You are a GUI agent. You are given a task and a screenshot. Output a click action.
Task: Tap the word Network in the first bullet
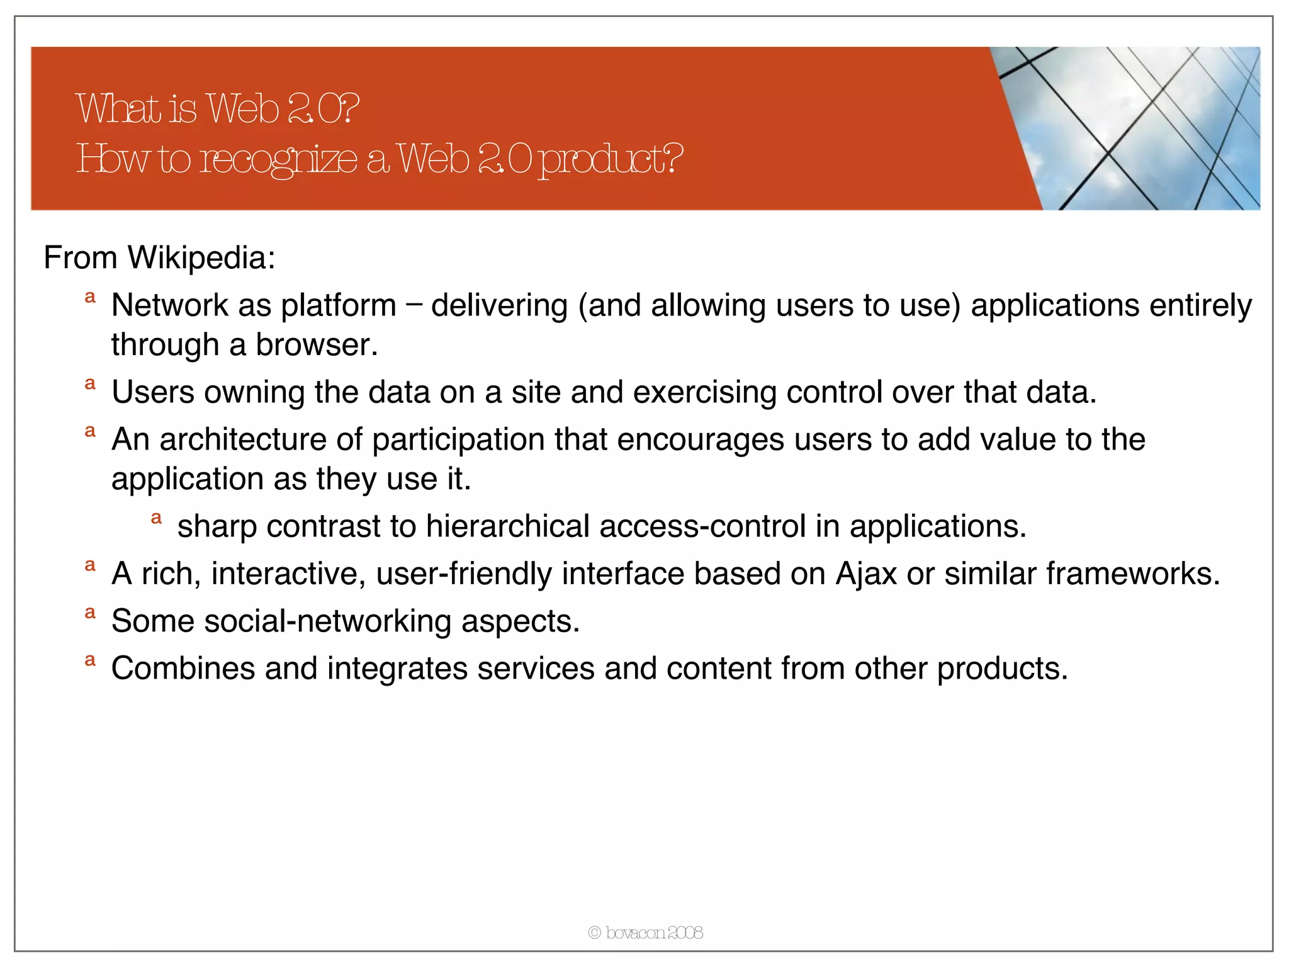point(169,305)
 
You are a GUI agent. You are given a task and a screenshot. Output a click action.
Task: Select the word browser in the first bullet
point(316,345)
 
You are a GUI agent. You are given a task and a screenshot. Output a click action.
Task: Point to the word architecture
point(243,439)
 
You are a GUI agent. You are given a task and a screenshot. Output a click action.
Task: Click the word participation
point(458,439)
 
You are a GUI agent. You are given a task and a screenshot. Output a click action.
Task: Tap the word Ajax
point(865,574)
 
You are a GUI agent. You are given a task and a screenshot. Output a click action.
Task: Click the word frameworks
point(1132,574)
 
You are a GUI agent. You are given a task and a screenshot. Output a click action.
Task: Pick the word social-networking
point(327,621)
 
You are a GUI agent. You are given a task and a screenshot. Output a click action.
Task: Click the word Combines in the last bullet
point(183,669)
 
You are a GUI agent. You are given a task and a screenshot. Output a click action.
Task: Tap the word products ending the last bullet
point(1002,669)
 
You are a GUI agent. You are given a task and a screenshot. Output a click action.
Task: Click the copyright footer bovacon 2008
point(646,932)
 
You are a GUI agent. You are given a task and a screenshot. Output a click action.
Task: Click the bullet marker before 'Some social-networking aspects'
point(90,613)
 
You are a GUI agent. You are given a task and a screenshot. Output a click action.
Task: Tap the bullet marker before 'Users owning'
point(90,384)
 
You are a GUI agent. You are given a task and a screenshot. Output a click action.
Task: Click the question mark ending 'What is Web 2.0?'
point(351,108)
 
